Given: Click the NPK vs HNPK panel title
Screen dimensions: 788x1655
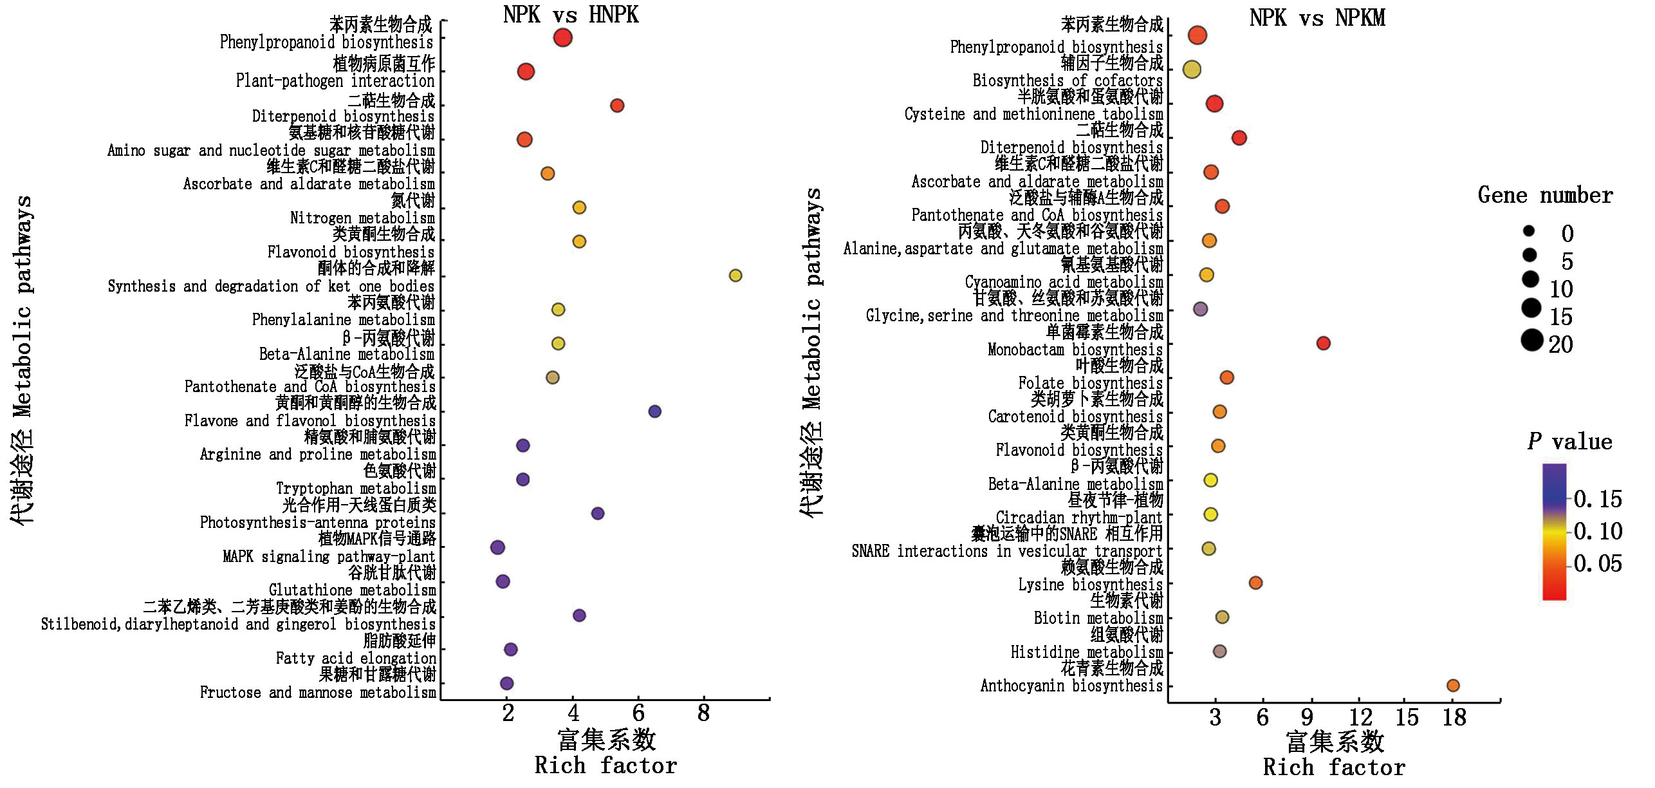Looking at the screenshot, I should pos(570,14).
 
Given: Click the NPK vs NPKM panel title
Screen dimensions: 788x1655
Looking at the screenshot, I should pos(1317,17).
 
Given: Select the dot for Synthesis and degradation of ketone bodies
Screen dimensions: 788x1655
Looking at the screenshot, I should pos(735,276).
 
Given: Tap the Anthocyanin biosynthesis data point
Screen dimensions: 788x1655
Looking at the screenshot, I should pos(1452,686).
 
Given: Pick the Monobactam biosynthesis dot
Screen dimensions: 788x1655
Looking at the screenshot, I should pos(1323,343).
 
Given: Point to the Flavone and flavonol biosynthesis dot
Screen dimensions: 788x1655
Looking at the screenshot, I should pos(654,411).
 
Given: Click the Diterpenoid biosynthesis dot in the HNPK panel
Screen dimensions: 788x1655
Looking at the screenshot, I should pos(616,106).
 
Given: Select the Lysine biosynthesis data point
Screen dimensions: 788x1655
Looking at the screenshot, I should pos(1255,583).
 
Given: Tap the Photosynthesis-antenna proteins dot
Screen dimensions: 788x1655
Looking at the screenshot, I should pos(597,513).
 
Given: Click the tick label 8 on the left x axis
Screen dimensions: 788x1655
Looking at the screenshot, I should pos(703,713).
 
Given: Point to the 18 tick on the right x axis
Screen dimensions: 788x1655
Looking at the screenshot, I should pos(1454,717).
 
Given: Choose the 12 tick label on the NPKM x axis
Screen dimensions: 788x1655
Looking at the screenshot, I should pos(1360,717).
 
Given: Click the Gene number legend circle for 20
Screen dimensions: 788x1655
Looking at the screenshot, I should pos(1532,340).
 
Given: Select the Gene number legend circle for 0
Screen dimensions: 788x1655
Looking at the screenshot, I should pos(1529,231).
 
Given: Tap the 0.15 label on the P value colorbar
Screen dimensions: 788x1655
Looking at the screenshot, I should pos(1598,499).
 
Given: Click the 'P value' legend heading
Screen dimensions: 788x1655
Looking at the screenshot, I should pos(1569,442).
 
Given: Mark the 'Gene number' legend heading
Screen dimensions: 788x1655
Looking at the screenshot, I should pos(1545,195).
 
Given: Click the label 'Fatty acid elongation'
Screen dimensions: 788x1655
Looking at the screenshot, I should pos(356,658).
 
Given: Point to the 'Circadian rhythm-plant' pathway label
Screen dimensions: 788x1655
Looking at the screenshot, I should pos(1078,518).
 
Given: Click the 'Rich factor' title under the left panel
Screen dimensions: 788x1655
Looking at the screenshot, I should pos(606,765).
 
